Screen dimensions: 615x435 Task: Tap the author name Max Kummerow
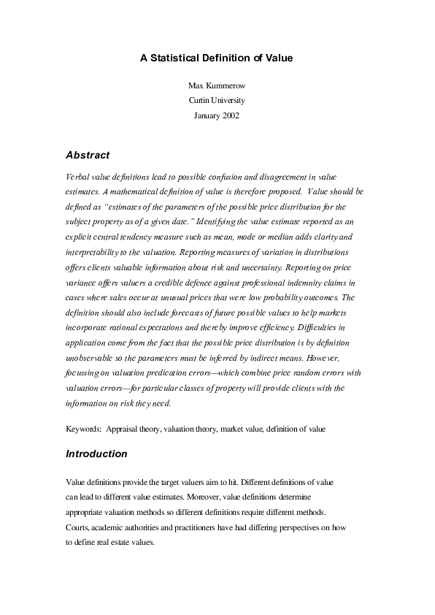tap(217, 87)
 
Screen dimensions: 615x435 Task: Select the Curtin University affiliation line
tap(217, 101)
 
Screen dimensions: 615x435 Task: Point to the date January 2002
tap(217, 115)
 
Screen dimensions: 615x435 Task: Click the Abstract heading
tap(88, 155)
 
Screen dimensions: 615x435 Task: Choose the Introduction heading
tap(96, 454)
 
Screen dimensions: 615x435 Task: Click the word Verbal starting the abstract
tap(77, 177)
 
